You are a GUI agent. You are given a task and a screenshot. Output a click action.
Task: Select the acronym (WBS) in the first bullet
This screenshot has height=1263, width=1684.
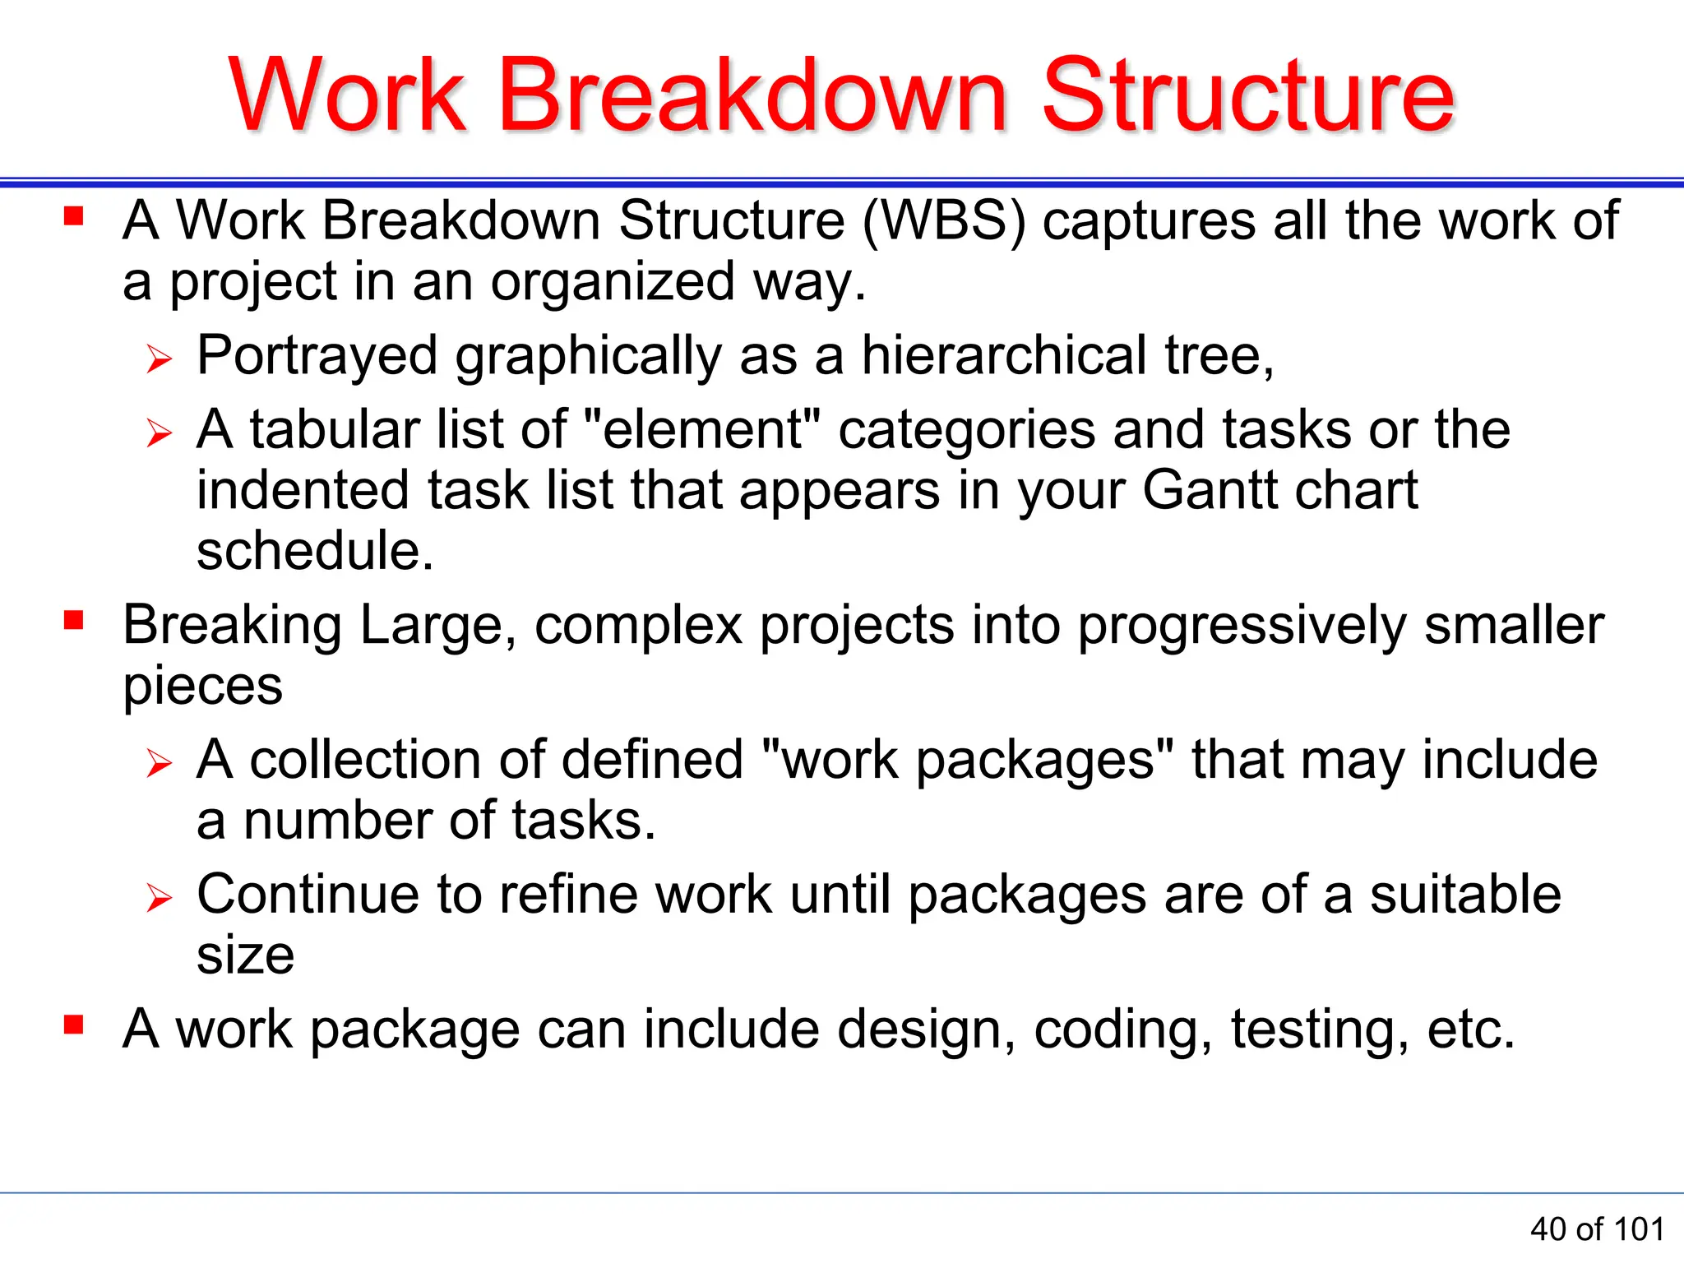[944, 222]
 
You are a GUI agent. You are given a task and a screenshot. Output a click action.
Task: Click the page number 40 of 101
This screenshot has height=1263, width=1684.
[1597, 1229]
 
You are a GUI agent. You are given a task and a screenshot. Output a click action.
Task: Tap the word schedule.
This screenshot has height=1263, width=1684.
[314, 551]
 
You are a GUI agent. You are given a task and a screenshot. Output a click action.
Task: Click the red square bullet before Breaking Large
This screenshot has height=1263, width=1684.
[74, 619]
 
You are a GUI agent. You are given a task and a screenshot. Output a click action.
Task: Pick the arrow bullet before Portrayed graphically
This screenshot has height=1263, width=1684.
[159, 359]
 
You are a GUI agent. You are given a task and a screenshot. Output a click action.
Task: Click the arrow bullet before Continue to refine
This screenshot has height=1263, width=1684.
[159, 897]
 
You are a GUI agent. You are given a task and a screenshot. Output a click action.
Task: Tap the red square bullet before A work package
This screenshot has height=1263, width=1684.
[74, 1024]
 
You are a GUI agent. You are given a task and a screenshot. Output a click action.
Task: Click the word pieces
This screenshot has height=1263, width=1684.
[202, 687]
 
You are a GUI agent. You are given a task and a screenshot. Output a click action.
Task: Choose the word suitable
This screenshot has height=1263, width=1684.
[1464, 895]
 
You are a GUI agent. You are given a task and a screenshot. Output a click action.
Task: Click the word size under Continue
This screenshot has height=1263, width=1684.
[245, 956]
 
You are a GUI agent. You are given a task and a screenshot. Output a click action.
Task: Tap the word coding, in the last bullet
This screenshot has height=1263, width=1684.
[1123, 1030]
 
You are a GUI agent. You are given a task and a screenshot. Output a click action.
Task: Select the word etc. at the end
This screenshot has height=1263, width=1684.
[1471, 1030]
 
